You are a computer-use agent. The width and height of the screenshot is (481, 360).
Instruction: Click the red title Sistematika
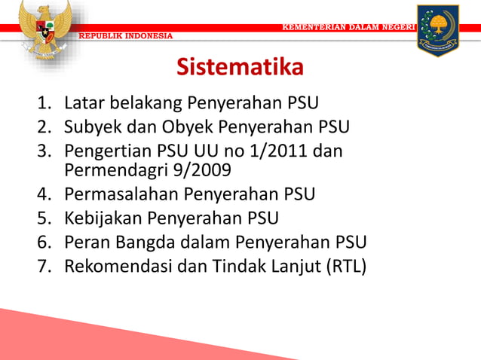240,68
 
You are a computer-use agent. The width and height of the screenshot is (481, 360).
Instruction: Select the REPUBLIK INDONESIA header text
127,36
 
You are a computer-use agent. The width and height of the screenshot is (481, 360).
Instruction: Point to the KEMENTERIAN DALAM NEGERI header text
348,27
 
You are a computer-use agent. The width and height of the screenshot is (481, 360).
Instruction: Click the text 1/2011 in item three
275,150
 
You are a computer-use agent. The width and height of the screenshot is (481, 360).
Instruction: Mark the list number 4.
44,194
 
